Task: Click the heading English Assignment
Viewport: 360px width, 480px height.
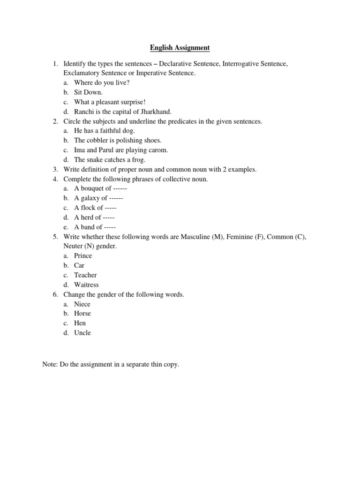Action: point(180,48)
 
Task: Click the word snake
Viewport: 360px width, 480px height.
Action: point(95,160)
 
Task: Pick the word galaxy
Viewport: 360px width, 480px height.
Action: point(90,198)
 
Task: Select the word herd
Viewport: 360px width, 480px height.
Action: point(87,217)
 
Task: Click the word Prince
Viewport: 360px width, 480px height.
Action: point(83,256)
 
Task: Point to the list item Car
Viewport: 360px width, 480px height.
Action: point(79,265)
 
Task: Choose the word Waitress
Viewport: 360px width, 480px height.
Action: point(86,285)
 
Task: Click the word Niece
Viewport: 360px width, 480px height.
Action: point(82,304)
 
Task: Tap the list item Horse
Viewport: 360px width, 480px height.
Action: point(82,314)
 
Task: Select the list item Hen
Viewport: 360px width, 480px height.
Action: point(80,323)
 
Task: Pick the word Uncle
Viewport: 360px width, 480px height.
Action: point(82,333)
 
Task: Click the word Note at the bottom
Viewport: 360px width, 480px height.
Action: point(49,364)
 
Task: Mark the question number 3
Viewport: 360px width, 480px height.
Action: point(55,169)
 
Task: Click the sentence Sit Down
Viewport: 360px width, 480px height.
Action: point(88,92)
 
